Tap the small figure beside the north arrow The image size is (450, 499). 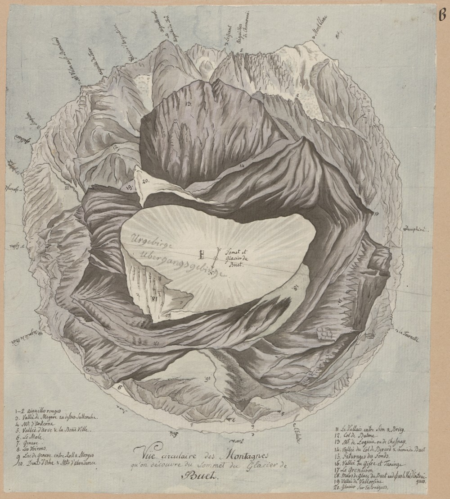pyautogui.click(x=202, y=255)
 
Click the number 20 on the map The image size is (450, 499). pyautogui.click(x=145, y=181)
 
